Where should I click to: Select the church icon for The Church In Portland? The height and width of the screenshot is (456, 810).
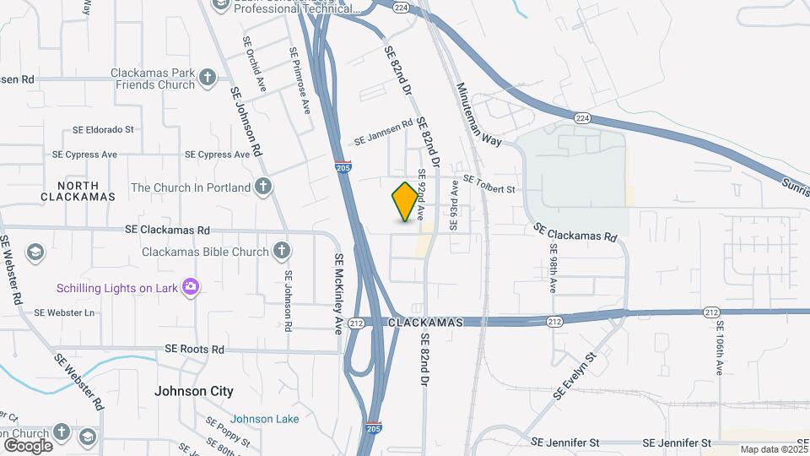[263, 187]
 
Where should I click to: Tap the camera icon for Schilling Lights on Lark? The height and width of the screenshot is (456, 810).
[191, 288]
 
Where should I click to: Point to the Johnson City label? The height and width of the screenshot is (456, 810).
[194, 392]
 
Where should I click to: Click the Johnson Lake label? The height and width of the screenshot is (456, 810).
[264, 419]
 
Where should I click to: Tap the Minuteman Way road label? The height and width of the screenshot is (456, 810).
[479, 114]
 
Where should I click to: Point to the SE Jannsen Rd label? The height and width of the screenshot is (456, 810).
[383, 133]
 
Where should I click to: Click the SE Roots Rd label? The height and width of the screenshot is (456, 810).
[194, 349]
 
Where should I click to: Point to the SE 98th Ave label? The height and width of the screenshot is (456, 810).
[553, 269]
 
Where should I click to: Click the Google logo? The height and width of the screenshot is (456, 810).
[28, 445]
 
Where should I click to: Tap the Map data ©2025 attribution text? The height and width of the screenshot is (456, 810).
[774, 450]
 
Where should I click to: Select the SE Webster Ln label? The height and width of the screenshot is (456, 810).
[64, 312]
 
